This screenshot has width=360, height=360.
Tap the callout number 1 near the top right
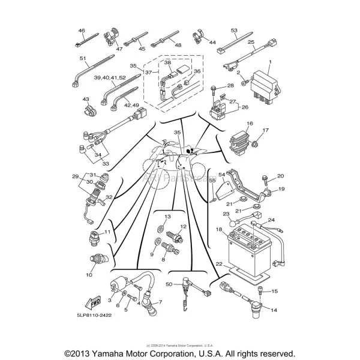click(x=270, y=62)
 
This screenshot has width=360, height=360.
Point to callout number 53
click(x=234, y=29)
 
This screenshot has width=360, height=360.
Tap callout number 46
click(x=82, y=30)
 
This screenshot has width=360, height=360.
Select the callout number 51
click(x=83, y=58)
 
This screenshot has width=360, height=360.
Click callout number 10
click(x=89, y=275)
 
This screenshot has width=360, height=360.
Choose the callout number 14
click(x=274, y=310)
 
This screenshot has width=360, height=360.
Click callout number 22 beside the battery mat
click(x=218, y=263)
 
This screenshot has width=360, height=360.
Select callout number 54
click(x=221, y=174)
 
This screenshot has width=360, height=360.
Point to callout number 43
click(x=86, y=99)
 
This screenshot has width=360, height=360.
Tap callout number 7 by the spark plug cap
click(x=161, y=301)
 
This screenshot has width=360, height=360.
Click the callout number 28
click(x=214, y=86)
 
